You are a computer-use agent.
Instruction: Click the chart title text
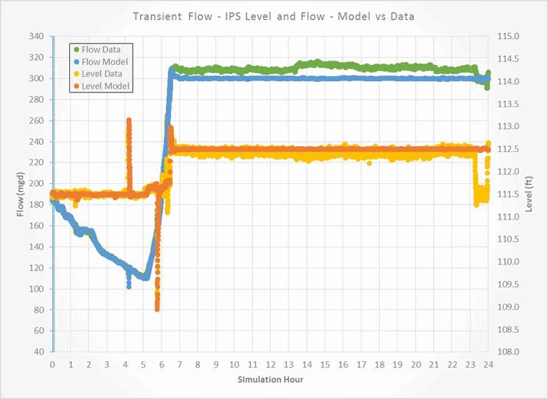273,16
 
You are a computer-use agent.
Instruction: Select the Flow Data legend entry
101,50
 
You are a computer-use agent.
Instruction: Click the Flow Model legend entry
103,61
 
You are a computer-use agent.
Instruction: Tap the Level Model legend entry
104,86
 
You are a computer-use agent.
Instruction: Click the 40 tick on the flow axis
39,352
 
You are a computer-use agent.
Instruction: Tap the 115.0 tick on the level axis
510,36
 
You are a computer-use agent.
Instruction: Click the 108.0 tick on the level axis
510,352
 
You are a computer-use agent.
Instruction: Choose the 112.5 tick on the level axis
510,149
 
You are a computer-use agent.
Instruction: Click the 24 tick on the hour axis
488,364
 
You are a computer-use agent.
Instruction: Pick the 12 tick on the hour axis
270,364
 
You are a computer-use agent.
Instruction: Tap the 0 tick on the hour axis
52,364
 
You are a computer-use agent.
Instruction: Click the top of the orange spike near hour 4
129,120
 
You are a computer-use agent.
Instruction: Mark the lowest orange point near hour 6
157,309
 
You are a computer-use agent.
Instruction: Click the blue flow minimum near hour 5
145,278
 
